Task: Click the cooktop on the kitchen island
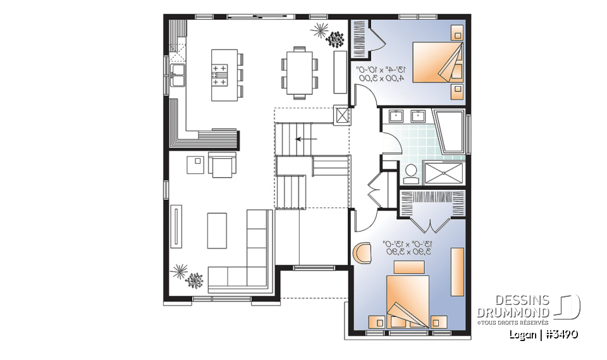point(219,75)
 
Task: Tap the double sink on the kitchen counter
point(177,75)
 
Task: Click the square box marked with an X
point(342,116)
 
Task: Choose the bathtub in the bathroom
point(451,131)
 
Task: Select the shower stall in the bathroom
point(443,171)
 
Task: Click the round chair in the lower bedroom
point(362,252)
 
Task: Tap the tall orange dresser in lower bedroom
point(457,271)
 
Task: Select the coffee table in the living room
point(217,230)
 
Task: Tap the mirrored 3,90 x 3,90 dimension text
point(407,252)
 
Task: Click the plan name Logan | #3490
point(543,333)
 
